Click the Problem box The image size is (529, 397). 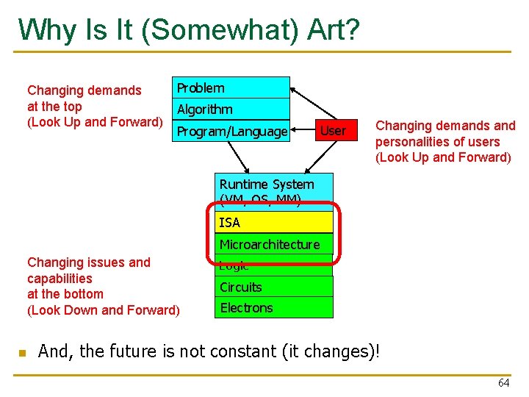pos(230,87)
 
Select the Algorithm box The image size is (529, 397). pos(230,109)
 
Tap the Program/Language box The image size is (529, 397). pos(230,131)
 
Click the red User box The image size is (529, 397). pos(333,131)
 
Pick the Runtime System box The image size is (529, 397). pos(275,188)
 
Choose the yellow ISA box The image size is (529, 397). pos(275,222)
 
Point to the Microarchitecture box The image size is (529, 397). pos(275,244)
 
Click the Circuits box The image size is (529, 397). pos(275,287)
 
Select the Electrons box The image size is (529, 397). pos(275,307)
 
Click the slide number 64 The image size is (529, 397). pos(503,382)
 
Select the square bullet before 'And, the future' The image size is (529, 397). pos(22,354)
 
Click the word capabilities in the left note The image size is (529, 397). pos(60,278)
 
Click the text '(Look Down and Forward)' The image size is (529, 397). pos(103,310)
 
